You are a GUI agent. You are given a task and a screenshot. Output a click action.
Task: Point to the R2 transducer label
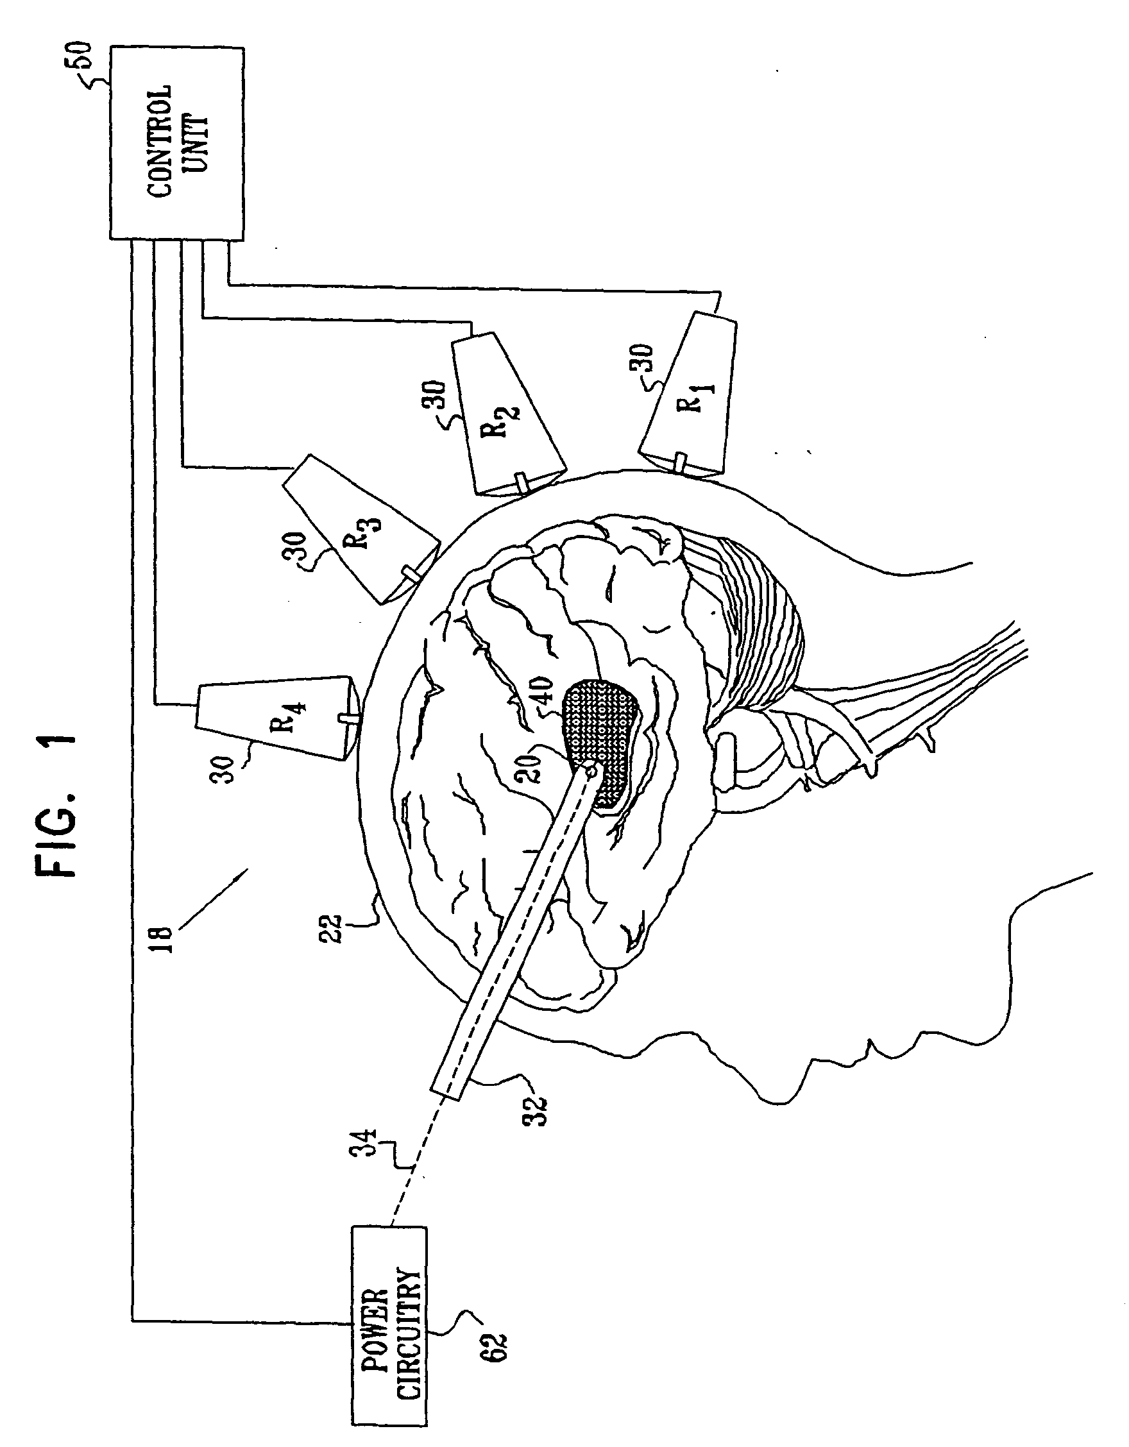coord(507,420)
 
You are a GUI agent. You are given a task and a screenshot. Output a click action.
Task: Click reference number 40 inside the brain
coord(538,691)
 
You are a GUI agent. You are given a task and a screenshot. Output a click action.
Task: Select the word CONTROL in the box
coord(159,142)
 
